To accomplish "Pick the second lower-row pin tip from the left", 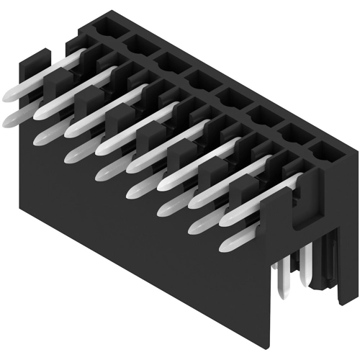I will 39,137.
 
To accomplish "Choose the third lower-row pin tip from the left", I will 71,154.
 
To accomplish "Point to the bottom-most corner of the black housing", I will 273,344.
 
